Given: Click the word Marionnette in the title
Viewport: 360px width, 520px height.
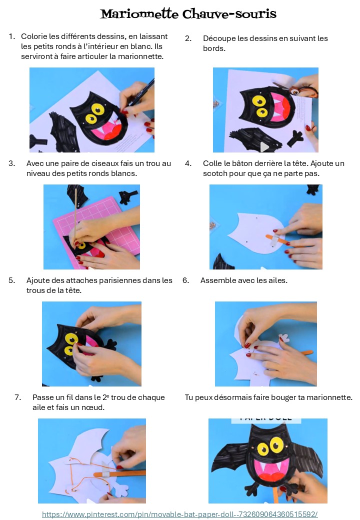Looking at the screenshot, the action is point(139,13).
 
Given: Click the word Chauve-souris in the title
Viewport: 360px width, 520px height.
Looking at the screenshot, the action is point(229,13).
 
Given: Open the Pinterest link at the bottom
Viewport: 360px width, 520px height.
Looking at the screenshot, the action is point(179,514).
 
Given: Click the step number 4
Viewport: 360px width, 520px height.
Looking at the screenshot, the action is point(188,163).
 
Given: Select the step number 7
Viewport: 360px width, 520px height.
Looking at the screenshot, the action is point(18,397).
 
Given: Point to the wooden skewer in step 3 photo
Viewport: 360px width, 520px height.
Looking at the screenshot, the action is point(75,215).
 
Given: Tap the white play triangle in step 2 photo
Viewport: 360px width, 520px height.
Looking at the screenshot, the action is point(264,146).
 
